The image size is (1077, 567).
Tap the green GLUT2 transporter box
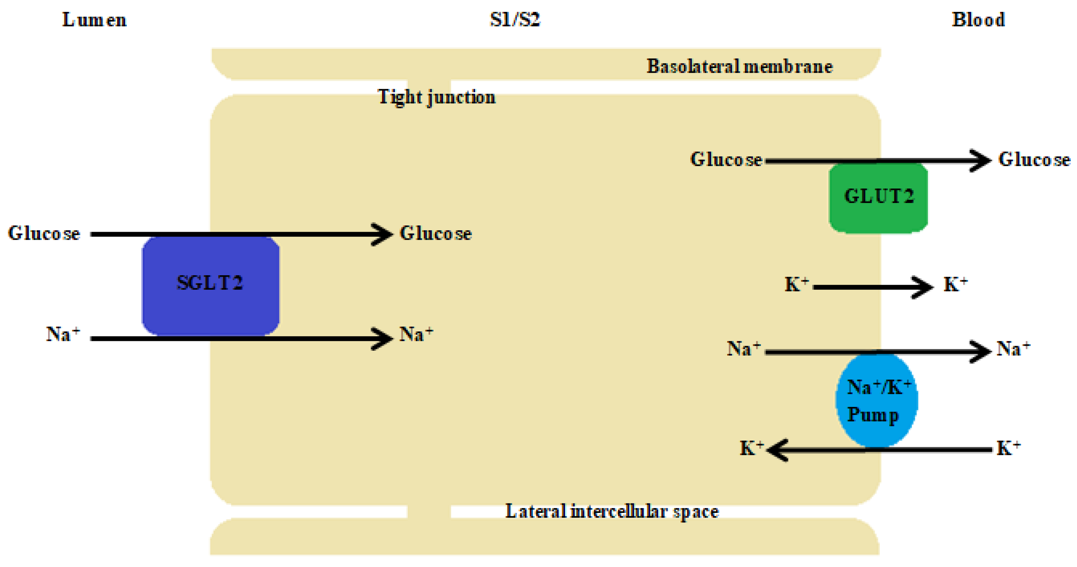878,197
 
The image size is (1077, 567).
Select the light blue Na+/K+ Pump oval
876,400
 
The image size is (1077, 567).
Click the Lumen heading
94,20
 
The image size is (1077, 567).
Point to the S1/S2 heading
515,20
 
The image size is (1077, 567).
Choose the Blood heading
978,20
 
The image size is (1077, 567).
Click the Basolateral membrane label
740,66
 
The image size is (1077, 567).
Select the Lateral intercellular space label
612,512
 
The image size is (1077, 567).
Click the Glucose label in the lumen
44,233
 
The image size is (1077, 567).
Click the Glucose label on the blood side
1034,159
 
